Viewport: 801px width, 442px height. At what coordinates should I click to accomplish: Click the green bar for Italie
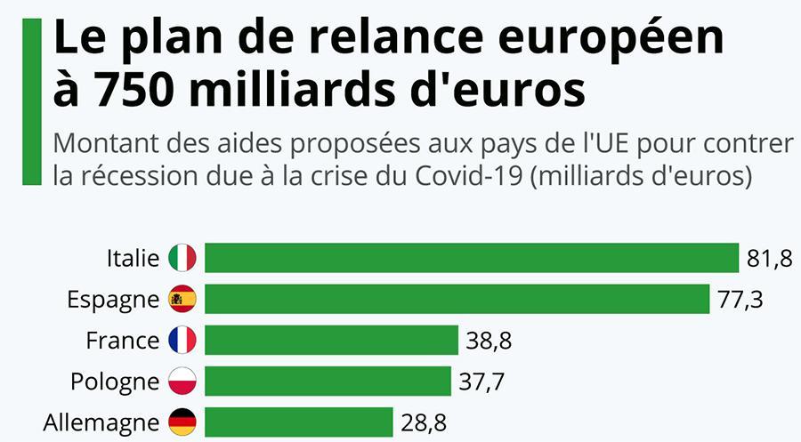pyautogui.click(x=472, y=258)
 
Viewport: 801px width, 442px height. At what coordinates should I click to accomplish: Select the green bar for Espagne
pyautogui.click(x=457, y=299)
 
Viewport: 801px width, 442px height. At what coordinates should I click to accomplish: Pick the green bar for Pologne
pyautogui.click(x=328, y=381)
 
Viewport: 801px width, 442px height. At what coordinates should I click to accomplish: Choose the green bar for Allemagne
pyautogui.click(x=298, y=422)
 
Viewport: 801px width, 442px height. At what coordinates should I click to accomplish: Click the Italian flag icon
pyautogui.click(x=182, y=258)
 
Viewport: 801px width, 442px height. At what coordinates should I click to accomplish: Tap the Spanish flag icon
pyautogui.click(x=182, y=299)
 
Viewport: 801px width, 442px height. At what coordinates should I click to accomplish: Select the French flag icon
pyautogui.click(x=182, y=340)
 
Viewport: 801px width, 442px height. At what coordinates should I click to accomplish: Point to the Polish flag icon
pyautogui.click(x=182, y=381)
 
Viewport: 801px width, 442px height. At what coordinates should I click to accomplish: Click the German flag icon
pyautogui.click(x=182, y=422)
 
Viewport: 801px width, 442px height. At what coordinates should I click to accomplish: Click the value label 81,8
pyautogui.click(x=769, y=259)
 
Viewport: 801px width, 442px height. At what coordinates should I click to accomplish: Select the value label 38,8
pyautogui.click(x=489, y=341)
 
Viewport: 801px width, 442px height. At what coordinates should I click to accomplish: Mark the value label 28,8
pyautogui.click(x=424, y=422)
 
